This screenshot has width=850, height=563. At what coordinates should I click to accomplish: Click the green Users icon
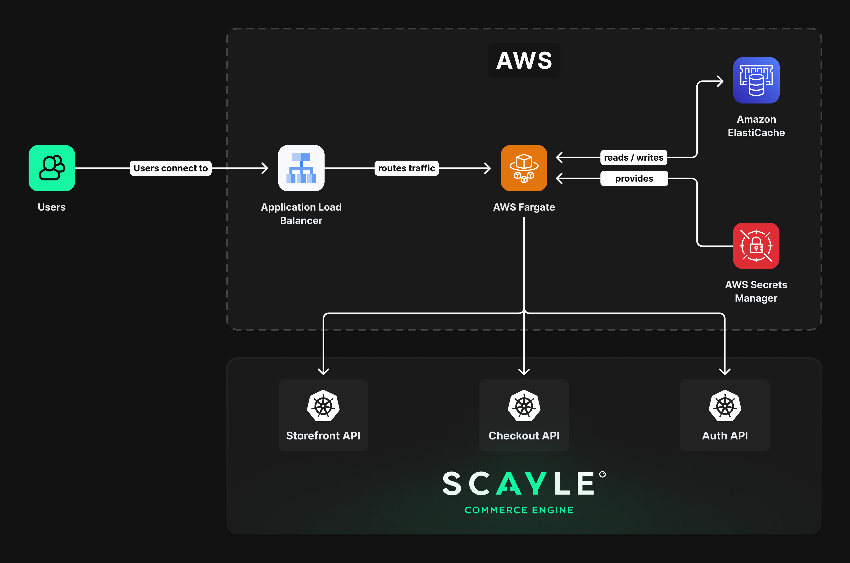coord(52,168)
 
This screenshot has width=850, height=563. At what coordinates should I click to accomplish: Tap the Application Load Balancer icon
coord(301,168)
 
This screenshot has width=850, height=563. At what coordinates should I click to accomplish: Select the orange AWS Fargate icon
coord(524,168)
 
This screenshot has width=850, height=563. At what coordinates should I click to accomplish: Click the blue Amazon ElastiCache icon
coord(756,81)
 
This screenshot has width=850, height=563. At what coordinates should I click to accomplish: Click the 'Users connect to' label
coord(171,168)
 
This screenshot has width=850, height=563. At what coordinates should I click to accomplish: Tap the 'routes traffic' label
coord(406,168)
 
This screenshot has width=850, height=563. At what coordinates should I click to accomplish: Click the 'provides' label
coord(634,178)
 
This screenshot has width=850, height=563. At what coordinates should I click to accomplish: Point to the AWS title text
coord(524,60)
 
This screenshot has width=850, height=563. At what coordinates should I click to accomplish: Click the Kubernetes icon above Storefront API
coord(323,406)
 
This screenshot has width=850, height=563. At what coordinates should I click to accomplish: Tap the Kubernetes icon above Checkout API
coord(524,406)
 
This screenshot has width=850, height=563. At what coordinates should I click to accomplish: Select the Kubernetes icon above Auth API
coord(725,406)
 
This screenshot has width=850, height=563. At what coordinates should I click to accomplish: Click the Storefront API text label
coord(323,436)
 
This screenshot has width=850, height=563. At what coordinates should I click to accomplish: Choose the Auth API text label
coord(725,436)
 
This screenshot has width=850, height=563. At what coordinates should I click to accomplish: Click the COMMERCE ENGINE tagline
coord(519,510)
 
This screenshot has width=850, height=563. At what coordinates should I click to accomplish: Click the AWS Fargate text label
coord(524,207)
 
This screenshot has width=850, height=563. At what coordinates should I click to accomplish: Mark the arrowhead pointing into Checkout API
coord(524,371)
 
